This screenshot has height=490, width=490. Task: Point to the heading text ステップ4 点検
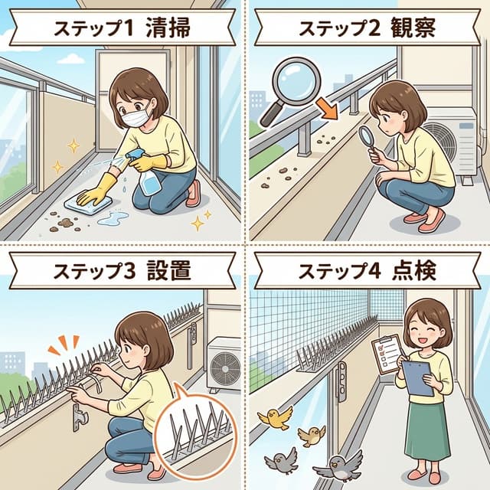pos(368,269)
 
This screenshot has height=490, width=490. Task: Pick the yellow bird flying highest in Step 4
pos(275,417)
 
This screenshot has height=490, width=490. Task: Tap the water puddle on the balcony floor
pos(113,220)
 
